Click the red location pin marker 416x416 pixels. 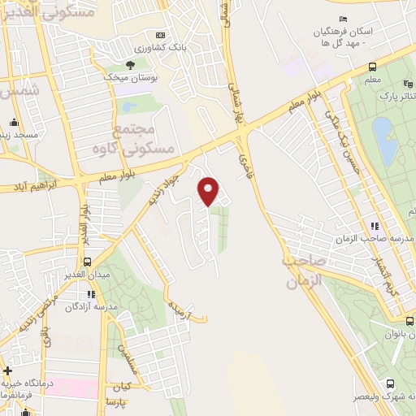pos(209,191)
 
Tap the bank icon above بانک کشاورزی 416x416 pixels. pos(160,35)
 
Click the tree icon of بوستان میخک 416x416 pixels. pos(130,64)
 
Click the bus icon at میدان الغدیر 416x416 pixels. pos(89,262)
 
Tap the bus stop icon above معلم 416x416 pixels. pos(371,67)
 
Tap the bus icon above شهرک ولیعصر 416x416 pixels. pos(390,383)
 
